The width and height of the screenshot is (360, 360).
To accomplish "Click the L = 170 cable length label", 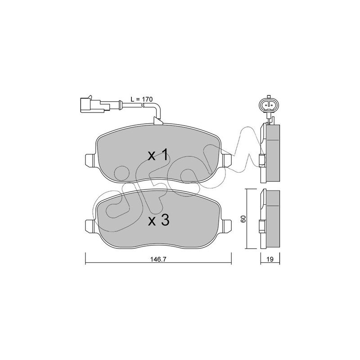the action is click(x=142, y=99).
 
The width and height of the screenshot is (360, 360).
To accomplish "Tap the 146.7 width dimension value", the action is click(x=158, y=259).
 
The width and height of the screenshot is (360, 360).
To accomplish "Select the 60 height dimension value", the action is click(x=243, y=219).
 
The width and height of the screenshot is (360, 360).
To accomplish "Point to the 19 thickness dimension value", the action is click(x=270, y=259).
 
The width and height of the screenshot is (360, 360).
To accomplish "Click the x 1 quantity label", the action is click(x=159, y=155).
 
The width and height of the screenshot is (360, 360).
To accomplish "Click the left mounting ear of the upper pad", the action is click(x=90, y=160).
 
